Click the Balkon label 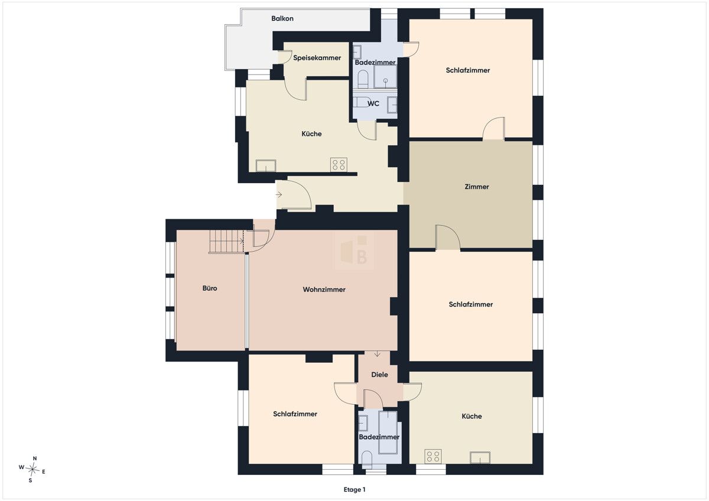[x=282, y=19]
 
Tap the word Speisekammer [x=317, y=58]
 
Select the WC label [x=373, y=103]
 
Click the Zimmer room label [x=477, y=187]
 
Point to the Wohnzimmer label [x=324, y=289]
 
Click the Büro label [x=210, y=288]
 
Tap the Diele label [x=379, y=375]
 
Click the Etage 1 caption [x=354, y=490]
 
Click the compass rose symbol [x=32, y=469]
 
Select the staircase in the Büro [x=227, y=241]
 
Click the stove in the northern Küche [x=339, y=165]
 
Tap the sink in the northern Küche [x=266, y=166]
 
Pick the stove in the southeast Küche [x=433, y=456]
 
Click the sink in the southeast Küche [x=480, y=458]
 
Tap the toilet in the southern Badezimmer [x=367, y=459]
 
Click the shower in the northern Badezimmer [x=385, y=76]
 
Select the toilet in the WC [x=362, y=102]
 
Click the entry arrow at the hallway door [x=279, y=194]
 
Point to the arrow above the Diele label [x=377, y=353]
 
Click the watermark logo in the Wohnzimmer [x=354, y=250]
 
